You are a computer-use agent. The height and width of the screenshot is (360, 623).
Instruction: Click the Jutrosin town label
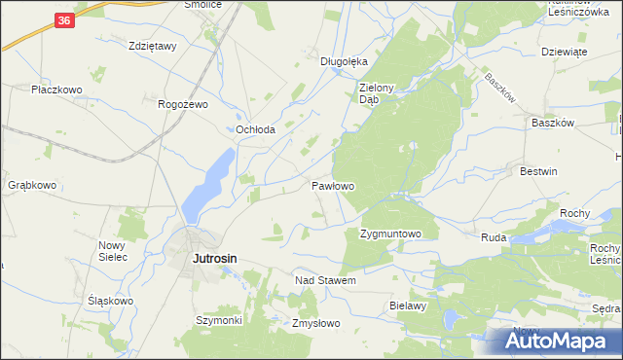click(215, 259)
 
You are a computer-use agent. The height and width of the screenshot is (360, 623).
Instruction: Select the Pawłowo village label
click(332, 185)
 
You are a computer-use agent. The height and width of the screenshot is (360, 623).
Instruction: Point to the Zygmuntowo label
click(389, 234)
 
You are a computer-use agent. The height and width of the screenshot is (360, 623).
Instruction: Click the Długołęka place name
click(344, 60)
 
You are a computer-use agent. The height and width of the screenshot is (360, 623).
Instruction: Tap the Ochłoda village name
click(255, 129)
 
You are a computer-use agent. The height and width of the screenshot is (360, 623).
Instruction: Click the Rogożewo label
click(184, 104)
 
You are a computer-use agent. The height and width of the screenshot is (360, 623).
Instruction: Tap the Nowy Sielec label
click(114, 252)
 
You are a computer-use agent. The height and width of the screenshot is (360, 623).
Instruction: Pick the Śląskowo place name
click(110, 301)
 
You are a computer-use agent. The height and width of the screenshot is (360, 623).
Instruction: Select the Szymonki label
click(218, 320)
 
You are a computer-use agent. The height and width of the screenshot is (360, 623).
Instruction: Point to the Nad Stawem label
click(325, 280)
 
